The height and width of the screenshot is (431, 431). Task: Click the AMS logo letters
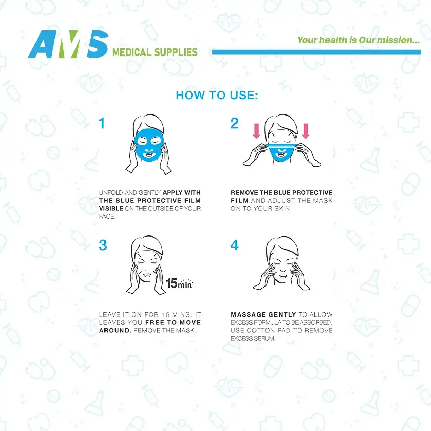coord(68,44)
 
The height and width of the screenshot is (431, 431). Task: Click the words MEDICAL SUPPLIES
coord(155,52)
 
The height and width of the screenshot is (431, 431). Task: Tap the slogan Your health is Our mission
coord(358,40)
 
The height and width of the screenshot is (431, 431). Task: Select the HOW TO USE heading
coord(217,95)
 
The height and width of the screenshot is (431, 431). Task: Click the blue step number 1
coord(102,123)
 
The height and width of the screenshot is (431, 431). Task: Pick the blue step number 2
coord(234,123)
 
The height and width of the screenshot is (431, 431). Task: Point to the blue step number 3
coord(103,245)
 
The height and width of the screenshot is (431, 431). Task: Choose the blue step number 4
coord(234,245)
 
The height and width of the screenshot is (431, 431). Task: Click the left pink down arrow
coord(256,131)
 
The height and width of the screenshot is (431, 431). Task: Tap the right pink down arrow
coord(306,131)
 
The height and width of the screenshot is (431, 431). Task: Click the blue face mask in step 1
coord(149,145)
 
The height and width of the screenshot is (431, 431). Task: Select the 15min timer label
coord(179,283)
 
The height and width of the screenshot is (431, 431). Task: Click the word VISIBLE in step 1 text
coord(111,209)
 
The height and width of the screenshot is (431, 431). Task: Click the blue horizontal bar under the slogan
coord(317,52)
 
